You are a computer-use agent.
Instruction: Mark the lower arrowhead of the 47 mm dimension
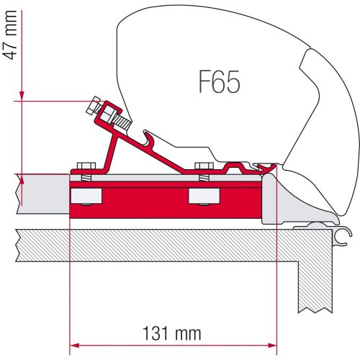pyautogui.click(x=22, y=177)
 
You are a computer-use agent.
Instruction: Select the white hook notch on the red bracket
pyautogui.click(x=150, y=137)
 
